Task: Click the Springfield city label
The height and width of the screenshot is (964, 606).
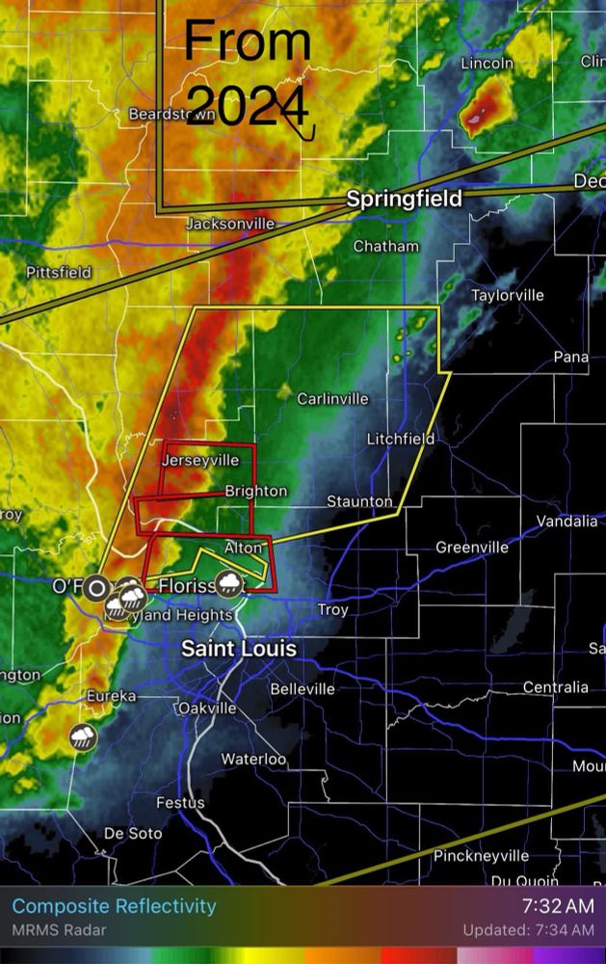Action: pyautogui.click(x=404, y=199)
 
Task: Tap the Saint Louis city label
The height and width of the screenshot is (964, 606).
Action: pyautogui.click(x=239, y=649)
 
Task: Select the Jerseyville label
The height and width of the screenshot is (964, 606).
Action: pyautogui.click(x=199, y=460)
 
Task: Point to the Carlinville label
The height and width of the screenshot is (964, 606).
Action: pyautogui.click(x=332, y=398)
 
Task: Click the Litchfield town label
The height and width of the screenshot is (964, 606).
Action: pyautogui.click(x=400, y=439)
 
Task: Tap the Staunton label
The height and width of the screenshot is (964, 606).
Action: pyautogui.click(x=359, y=501)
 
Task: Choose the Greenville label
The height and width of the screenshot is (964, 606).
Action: pyautogui.click(x=472, y=547)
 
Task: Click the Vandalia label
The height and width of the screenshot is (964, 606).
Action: pyautogui.click(x=566, y=521)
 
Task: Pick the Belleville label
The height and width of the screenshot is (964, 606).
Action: pyautogui.click(x=303, y=688)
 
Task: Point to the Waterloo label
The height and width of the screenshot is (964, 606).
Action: pyautogui.click(x=254, y=759)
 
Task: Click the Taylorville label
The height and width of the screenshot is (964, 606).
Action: pyautogui.click(x=507, y=295)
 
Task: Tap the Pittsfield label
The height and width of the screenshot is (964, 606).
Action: pyautogui.click(x=59, y=272)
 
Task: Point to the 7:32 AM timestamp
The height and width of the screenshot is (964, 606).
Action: pyautogui.click(x=558, y=906)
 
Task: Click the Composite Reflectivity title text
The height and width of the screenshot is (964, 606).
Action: pyautogui.click(x=114, y=906)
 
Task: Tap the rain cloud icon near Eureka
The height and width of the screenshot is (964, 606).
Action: pyautogui.click(x=83, y=738)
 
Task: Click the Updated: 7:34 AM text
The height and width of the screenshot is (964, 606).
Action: pyautogui.click(x=528, y=930)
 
